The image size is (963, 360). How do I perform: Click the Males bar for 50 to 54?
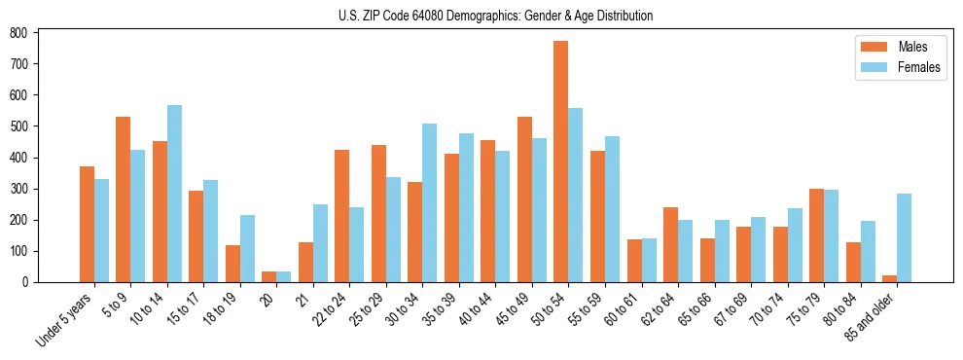561,162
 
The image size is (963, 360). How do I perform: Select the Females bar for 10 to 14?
174,194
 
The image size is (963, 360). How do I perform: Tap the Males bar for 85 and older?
889,278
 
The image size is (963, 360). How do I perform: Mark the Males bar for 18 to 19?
232,264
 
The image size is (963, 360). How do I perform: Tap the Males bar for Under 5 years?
87,224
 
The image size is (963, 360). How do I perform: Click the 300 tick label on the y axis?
19,189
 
